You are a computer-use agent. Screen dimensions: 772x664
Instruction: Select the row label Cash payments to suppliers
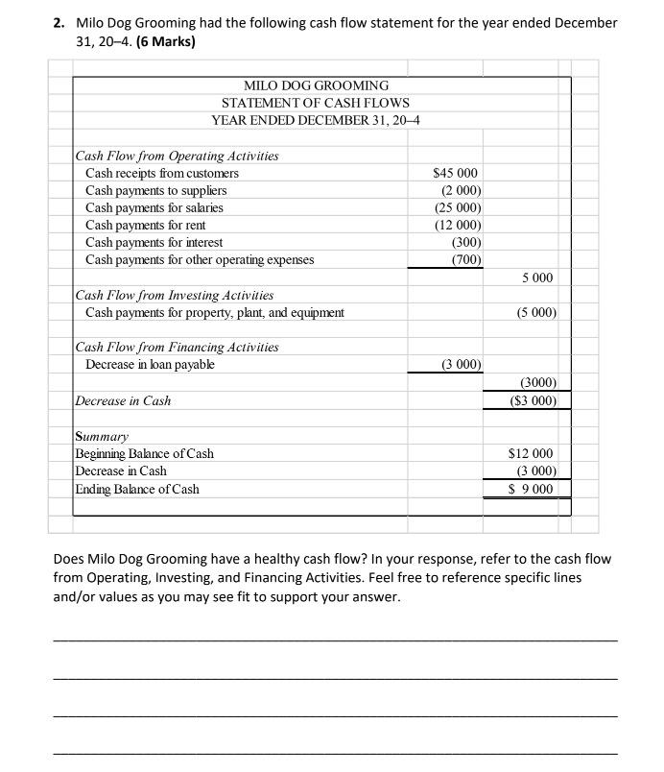click(155, 190)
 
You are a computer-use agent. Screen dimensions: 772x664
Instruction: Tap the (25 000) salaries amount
click(457, 207)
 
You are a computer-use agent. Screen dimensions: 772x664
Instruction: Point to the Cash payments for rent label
click(147, 225)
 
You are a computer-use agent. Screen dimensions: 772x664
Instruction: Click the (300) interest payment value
click(465, 242)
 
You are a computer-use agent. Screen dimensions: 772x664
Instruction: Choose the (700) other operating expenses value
click(465, 259)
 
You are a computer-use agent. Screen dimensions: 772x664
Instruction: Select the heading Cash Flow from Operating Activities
click(178, 156)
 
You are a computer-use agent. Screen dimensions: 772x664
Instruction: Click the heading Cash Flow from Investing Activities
click(175, 295)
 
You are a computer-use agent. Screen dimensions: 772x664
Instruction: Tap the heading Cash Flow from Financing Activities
click(178, 347)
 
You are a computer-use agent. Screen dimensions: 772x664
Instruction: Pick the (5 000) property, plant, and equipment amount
click(536, 312)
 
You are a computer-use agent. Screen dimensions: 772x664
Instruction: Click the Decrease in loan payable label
click(150, 364)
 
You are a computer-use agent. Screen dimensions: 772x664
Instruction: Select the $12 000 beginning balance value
click(531, 453)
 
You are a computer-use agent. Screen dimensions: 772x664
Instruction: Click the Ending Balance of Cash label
click(137, 489)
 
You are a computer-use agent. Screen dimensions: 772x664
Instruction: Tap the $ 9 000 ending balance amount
click(531, 489)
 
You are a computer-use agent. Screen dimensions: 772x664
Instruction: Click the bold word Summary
click(102, 436)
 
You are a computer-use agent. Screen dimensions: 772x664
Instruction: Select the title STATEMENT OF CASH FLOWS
click(315, 103)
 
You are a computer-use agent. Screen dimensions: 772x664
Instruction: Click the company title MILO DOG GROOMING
click(316, 85)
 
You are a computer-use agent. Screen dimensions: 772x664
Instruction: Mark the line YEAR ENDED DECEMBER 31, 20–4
click(316, 120)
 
